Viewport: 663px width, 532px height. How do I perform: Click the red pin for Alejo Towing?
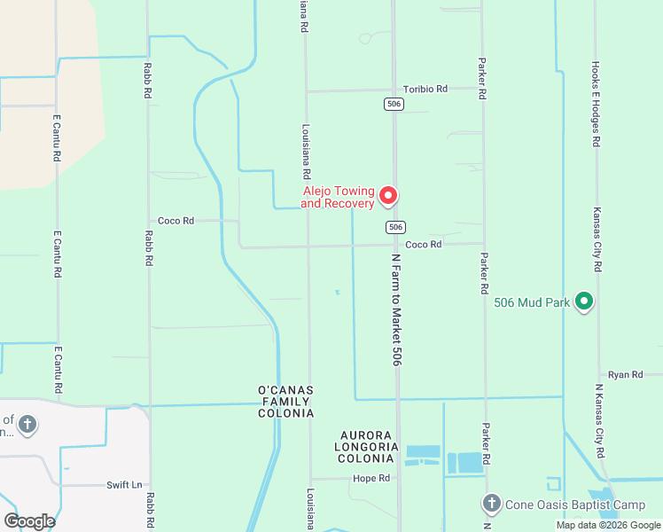(x=387, y=195)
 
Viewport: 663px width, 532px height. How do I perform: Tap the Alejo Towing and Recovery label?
(x=337, y=197)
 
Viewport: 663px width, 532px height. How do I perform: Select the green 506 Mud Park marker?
(x=583, y=302)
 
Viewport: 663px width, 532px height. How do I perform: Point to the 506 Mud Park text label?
(x=532, y=302)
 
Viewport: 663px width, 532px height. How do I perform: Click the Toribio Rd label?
(x=425, y=89)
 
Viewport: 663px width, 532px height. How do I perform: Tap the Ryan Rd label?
(x=626, y=375)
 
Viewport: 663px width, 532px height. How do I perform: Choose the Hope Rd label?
(x=371, y=478)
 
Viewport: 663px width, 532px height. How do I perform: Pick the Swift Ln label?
(x=124, y=485)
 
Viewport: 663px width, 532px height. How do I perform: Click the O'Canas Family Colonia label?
(x=285, y=402)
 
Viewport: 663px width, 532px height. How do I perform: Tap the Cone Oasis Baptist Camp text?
(x=575, y=505)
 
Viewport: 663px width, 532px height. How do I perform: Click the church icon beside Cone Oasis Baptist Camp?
(x=492, y=505)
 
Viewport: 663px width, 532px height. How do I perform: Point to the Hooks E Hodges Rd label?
(x=596, y=104)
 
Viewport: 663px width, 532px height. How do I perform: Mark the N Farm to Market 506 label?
(x=397, y=307)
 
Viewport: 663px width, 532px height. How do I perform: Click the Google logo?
(x=29, y=520)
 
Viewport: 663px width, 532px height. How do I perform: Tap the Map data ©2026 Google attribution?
(x=608, y=525)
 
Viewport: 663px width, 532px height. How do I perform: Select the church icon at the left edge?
(x=27, y=425)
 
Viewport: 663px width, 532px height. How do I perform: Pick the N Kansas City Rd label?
(x=599, y=421)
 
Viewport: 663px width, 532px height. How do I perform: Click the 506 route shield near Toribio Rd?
(x=394, y=105)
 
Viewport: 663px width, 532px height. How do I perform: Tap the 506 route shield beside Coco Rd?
(x=395, y=228)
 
